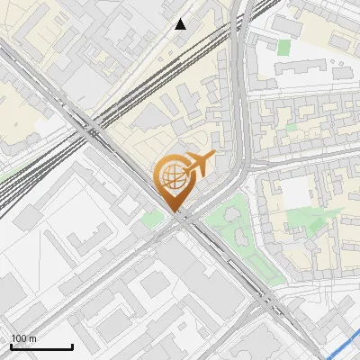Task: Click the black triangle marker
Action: pyautogui.click(x=181, y=24)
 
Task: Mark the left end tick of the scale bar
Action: pyautogui.click(x=10, y=346)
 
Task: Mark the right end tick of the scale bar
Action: pyautogui.click(x=72, y=346)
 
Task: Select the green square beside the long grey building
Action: pyautogui.click(x=284, y=47)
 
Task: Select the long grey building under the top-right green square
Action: pyautogui.click(x=302, y=69)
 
